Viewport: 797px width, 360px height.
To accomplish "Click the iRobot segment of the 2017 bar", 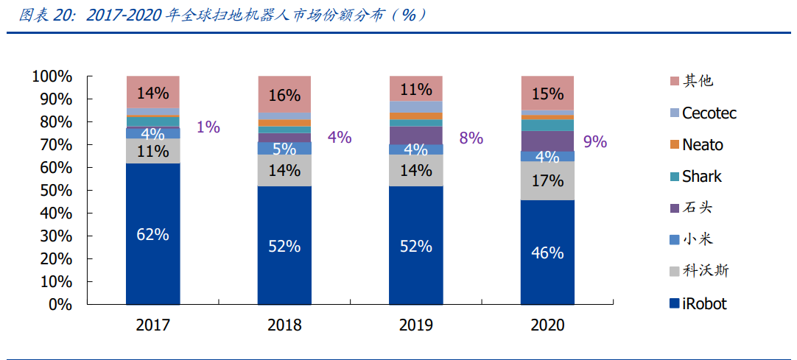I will pos(152,234).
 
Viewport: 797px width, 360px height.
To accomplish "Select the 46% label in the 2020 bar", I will pos(547,253).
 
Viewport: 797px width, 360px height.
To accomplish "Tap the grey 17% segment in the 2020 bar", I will pos(547,181).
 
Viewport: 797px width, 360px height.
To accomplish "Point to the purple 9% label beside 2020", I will pos(595,141).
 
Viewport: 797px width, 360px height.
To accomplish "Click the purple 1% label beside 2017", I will pos(208,127).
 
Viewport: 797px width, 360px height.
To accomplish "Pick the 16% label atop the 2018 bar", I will pos(284,95).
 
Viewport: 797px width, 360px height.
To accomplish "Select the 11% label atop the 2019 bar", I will pos(415,90).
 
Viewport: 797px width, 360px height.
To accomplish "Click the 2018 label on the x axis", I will pos(284,325).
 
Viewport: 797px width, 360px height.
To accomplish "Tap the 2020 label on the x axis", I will pos(547,325).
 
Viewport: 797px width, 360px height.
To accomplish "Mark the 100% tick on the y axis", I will pos(52,77).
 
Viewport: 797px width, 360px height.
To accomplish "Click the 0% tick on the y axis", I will pos(60,304).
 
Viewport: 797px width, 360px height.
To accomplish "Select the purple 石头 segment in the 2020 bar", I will pos(547,141).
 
